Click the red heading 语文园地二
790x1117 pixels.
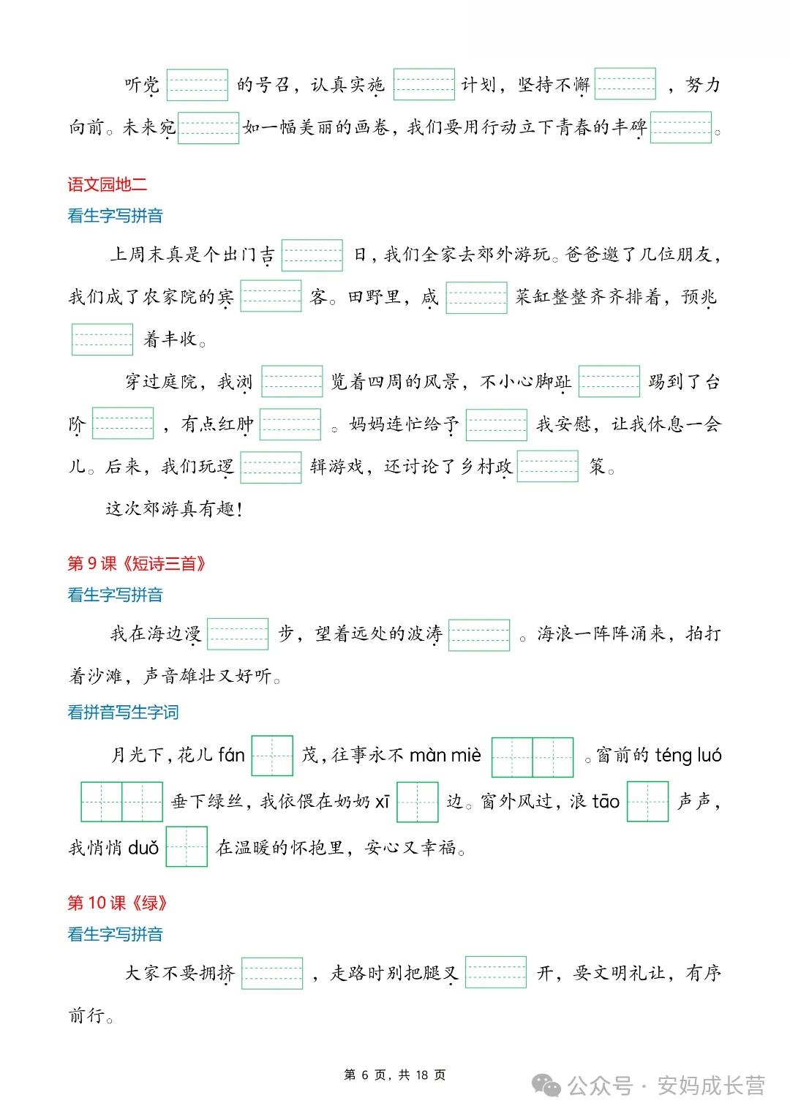pos(107,184)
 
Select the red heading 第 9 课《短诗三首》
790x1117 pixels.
pos(137,563)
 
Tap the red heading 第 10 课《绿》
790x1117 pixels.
pos(117,903)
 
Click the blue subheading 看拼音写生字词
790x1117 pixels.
pos(123,712)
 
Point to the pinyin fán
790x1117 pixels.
pos(232,755)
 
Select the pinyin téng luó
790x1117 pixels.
pos(688,755)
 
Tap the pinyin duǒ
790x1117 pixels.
pos(143,848)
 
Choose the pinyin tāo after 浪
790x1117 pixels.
pos(605,802)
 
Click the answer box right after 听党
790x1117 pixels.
pos(197,85)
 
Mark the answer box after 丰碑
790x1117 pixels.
pos(680,127)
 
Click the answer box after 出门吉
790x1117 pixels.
pos(312,255)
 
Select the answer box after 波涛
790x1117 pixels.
pos(479,635)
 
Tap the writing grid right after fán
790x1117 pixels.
pos(272,756)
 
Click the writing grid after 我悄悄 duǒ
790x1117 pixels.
pos(187,847)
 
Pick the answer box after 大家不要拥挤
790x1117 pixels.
pos(272,974)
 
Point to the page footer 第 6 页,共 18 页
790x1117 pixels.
pos(394,1075)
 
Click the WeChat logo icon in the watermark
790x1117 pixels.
pos(546,1086)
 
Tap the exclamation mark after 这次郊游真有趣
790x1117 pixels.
pos(240,509)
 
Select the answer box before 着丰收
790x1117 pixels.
pos(102,339)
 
